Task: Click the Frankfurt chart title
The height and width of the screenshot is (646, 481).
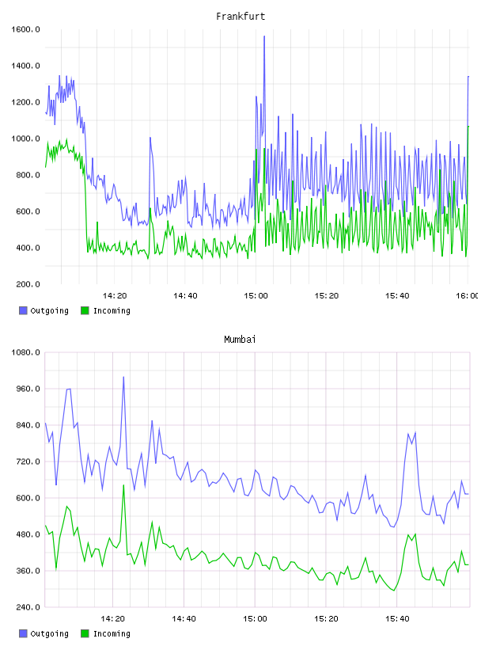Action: coord(240,17)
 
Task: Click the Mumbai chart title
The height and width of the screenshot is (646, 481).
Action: coord(240,340)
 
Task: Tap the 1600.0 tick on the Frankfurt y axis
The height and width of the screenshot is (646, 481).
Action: coord(25,29)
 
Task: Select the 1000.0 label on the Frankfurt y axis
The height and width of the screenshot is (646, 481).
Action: coord(25,139)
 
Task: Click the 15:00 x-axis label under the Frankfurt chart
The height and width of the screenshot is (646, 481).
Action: coord(256,296)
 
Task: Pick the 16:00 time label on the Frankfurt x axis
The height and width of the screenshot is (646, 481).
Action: coord(468,296)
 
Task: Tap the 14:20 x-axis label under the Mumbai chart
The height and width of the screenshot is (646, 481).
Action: coord(112,619)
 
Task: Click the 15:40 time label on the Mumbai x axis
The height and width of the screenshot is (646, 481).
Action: coord(397,619)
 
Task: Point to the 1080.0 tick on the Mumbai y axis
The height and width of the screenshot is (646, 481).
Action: coord(25,352)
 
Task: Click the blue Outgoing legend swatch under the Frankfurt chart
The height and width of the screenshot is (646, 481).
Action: coord(23,310)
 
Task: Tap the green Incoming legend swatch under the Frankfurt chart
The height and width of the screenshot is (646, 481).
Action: coord(85,310)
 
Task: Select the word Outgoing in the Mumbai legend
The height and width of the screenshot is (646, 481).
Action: coord(49,633)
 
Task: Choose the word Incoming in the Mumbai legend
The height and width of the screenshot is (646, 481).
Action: coord(112,633)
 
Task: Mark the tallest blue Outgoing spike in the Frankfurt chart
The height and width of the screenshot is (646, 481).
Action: coord(264,36)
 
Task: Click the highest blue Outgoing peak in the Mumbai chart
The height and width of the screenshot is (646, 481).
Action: coord(123,377)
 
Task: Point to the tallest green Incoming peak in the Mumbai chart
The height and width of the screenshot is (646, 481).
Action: coord(123,485)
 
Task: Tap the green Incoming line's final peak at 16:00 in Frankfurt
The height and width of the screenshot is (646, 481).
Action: coord(468,127)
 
